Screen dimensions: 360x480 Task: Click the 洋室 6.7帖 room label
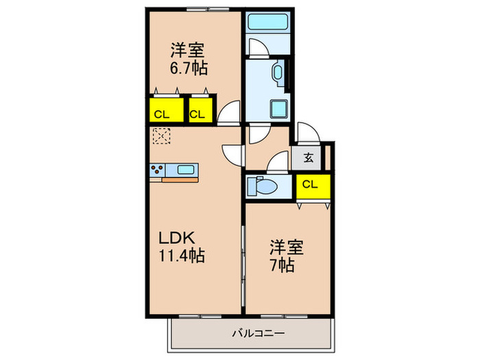point(188,60)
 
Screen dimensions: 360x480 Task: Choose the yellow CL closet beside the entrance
point(313,184)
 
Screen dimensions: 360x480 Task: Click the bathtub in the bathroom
point(267,22)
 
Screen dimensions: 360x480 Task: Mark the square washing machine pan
point(278,110)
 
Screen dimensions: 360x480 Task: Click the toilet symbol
point(262,184)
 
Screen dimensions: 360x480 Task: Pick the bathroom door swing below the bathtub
point(259,48)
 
